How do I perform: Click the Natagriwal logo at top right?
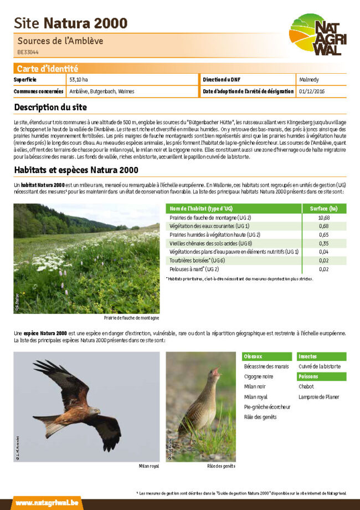click(317, 34)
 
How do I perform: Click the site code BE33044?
click(28, 52)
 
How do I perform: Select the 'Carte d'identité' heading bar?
click(47, 69)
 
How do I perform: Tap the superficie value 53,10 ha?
click(79, 80)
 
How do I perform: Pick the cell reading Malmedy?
click(308, 80)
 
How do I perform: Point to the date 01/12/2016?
click(311, 91)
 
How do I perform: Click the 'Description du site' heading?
click(50, 107)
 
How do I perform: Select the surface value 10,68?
click(324, 217)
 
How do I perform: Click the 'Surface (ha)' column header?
click(324, 208)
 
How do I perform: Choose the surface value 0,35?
click(324, 243)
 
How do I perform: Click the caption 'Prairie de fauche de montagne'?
click(131, 318)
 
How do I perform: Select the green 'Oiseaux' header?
click(253, 356)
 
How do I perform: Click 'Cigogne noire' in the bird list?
click(259, 376)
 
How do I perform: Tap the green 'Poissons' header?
click(308, 376)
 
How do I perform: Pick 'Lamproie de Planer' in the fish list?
click(319, 397)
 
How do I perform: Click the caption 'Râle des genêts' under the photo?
click(221, 466)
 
